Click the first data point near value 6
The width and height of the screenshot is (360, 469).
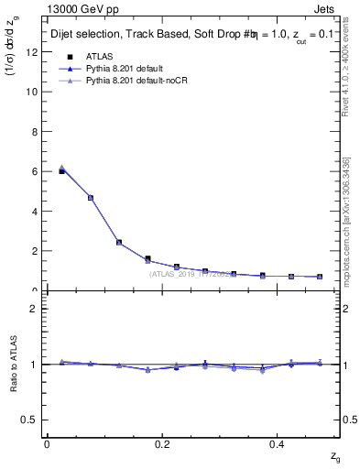61,170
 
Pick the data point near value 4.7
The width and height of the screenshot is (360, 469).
91,197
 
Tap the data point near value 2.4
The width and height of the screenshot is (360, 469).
119,243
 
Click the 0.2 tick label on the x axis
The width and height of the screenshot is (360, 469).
162,443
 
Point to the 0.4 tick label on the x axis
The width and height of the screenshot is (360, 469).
278,443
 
